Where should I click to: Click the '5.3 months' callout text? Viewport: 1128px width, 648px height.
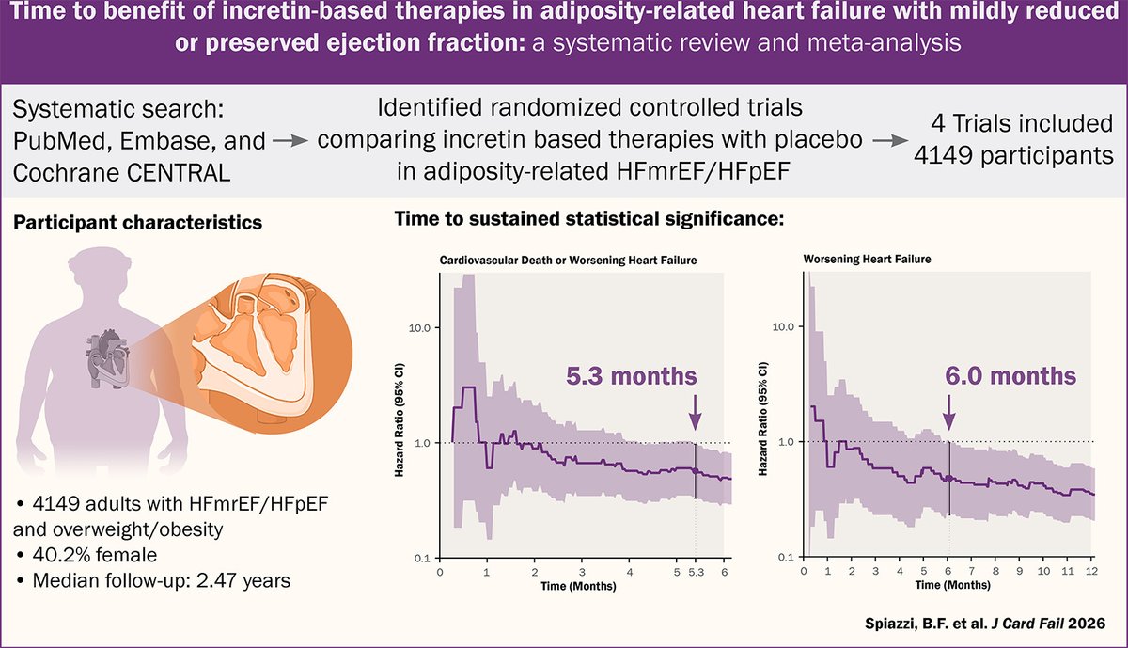click(x=632, y=376)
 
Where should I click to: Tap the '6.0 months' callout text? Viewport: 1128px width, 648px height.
click(x=1010, y=376)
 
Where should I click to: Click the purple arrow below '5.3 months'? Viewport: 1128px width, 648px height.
click(x=696, y=412)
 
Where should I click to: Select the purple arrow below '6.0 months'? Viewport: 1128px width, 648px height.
click(x=949, y=412)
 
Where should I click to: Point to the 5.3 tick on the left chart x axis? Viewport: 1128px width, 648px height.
click(x=696, y=573)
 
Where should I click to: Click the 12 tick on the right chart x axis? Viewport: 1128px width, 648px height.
click(x=1091, y=571)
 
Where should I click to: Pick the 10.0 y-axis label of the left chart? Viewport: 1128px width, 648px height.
click(x=419, y=328)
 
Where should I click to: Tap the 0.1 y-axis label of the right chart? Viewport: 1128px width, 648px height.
click(x=786, y=558)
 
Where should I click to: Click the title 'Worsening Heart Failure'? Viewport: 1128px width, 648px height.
click(x=867, y=259)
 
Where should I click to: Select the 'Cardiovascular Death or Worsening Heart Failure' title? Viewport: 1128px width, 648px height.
click(x=568, y=260)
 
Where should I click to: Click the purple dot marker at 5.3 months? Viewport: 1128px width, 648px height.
click(x=696, y=470)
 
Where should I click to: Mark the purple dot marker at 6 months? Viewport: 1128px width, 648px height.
click(x=949, y=478)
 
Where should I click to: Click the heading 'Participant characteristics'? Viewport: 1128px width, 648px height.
click(x=137, y=223)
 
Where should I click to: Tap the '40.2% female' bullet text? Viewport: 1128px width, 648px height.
click(x=95, y=555)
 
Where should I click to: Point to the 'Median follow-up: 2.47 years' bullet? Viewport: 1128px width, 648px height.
click(x=161, y=580)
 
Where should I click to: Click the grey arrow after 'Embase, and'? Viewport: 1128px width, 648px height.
click(x=290, y=141)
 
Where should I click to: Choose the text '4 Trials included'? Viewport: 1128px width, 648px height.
click(x=1021, y=123)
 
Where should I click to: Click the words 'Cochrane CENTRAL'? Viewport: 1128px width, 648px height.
click(x=121, y=173)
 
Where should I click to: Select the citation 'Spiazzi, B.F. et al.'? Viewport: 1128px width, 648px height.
click(x=927, y=624)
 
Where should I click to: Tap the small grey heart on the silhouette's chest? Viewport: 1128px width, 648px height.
click(x=108, y=358)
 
